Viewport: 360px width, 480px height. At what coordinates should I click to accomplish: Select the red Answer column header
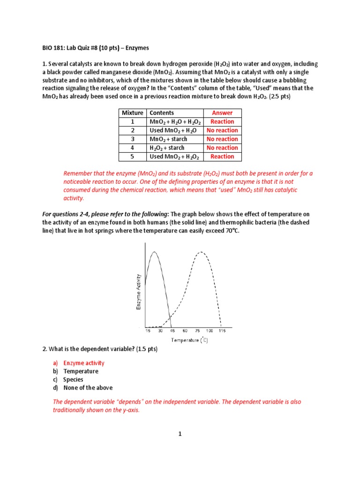point(222,112)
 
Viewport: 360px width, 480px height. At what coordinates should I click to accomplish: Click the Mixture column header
point(132,112)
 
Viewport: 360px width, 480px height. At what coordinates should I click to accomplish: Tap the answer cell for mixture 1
point(222,121)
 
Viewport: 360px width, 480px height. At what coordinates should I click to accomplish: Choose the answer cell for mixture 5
point(222,157)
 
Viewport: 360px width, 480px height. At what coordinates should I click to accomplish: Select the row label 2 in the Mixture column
point(132,130)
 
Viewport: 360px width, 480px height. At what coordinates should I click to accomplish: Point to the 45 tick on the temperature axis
point(172,331)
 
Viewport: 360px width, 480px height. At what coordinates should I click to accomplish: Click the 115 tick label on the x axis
point(222,331)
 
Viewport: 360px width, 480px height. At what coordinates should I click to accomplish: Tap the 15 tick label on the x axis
point(148,331)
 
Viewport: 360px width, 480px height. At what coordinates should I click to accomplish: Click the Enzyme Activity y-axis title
point(138,292)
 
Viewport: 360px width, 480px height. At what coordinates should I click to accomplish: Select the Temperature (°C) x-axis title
point(189,340)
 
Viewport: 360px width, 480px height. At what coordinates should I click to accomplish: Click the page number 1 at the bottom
point(180,434)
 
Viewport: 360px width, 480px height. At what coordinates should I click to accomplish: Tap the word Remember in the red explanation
point(78,173)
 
